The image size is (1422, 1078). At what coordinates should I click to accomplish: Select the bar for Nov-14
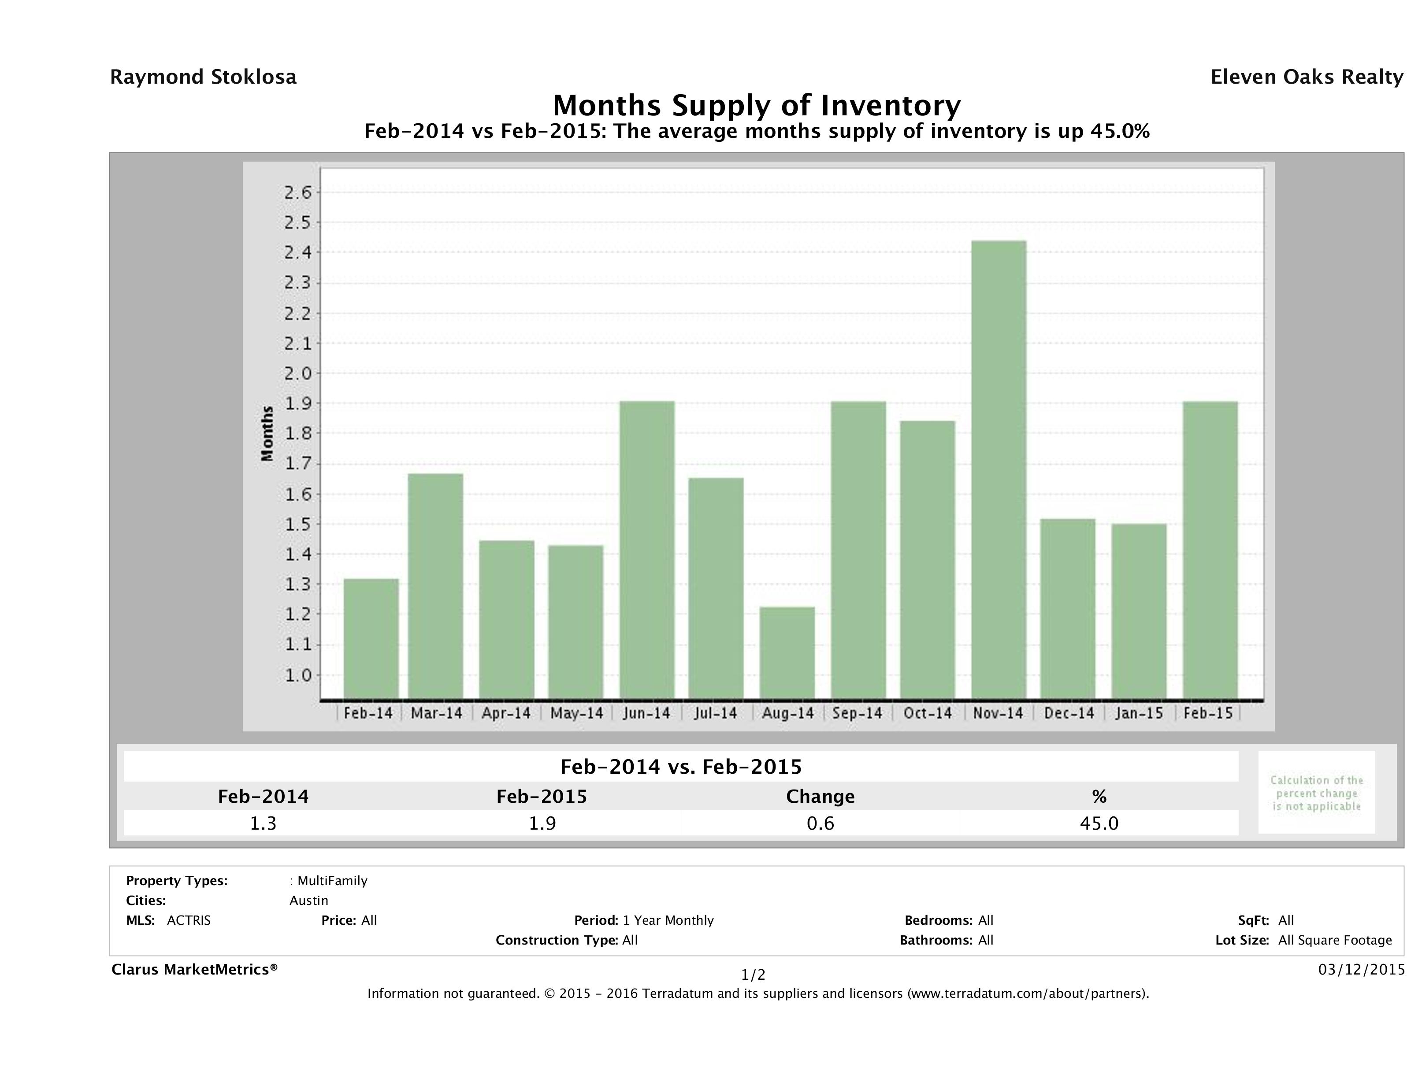click(x=999, y=469)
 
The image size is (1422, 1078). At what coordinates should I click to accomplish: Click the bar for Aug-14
click(x=787, y=653)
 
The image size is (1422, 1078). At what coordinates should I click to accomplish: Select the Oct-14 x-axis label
click(x=927, y=713)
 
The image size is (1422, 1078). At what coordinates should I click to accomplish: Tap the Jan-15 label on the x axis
click(x=1139, y=713)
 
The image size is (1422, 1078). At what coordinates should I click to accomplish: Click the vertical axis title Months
click(x=267, y=434)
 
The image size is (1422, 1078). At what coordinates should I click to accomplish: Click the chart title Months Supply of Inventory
click(x=756, y=105)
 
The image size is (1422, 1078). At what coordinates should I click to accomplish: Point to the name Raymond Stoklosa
click(x=203, y=77)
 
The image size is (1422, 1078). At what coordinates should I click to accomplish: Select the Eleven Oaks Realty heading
click(x=1306, y=77)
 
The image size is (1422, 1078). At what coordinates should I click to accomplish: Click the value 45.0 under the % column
click(x=1099, y=823)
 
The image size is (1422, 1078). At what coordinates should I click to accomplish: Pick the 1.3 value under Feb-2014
click(x=263, y=823)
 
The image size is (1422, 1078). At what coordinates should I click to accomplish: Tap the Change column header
click(x=821, y=797)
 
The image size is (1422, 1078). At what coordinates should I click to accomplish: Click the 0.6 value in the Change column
click(x=821, y=823)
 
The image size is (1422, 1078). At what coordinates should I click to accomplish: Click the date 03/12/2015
click(x=1361, y=969)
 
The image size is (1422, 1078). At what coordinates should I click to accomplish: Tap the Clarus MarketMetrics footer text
click(x=194, y=969)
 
